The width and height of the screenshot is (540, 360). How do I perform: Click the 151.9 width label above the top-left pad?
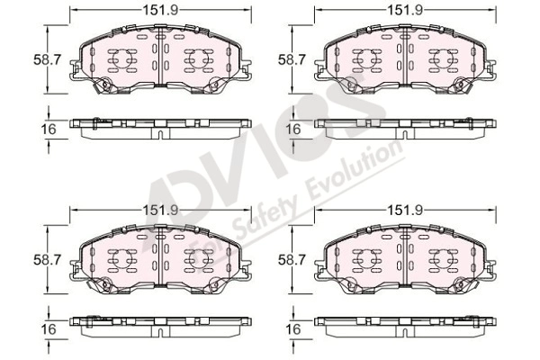click(x=161, y=10)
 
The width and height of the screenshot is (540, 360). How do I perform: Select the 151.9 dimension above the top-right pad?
click(x=405, y=10)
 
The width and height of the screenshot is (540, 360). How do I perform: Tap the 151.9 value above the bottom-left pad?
click(x=161, y=210)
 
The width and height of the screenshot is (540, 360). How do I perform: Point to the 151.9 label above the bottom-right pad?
click(x=405, y=210)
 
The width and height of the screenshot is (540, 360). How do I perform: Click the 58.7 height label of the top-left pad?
click(x=47, y=60)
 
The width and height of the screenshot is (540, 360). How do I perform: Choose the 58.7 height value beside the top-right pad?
click(x=292, y=60)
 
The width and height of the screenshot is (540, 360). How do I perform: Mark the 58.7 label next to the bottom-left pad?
click(x=47, y=260)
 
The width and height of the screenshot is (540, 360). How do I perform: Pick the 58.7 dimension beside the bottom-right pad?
click(x=292, y=260)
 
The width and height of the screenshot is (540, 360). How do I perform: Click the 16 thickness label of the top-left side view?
click(x=49, y=130)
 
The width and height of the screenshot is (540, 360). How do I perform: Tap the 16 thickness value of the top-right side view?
click(x=293, y=130)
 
